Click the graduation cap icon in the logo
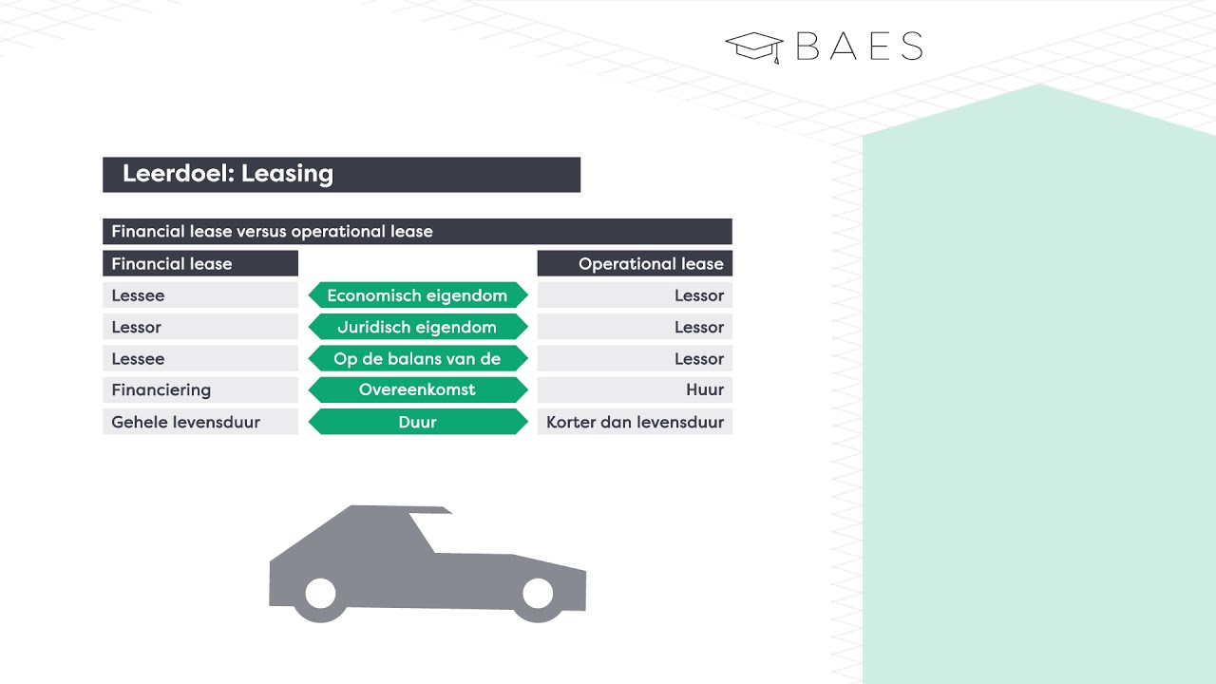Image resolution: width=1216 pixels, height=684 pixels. point(754,47)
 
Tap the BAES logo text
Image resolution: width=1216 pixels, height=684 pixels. point(859,47)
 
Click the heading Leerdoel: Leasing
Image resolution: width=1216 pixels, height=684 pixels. point(228,174)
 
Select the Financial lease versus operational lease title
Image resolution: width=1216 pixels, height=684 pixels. point(272,231)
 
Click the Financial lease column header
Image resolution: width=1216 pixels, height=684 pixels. point(172,263)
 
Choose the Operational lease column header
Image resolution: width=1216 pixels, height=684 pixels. point(651,263)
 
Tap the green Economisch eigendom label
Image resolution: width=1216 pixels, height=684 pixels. point(417,295)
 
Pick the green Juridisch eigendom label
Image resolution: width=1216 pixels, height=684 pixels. point(417,327)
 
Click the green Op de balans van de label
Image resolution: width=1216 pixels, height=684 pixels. point(417,358)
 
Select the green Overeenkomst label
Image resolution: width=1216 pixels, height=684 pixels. point(417,389)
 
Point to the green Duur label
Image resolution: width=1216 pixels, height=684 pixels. point(417,422)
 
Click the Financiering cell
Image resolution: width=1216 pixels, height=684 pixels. point(161,389)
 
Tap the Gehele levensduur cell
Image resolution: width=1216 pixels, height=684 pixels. point(185,422)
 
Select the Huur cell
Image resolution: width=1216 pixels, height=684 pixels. point(705,389)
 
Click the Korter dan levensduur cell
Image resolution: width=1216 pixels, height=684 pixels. point(636,422)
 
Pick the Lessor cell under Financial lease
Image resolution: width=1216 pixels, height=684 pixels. point(137,327)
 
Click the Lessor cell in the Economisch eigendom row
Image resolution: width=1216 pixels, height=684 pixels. point(699,295)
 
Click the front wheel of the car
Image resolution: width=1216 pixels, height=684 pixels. point(538,594)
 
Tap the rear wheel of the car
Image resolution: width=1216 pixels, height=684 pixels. point(320,595)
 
